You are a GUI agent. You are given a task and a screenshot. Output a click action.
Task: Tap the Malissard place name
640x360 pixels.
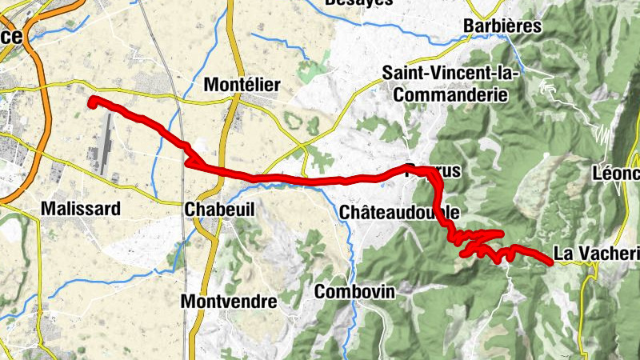(81, 209)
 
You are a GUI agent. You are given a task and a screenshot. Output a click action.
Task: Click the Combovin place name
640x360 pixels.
(355, 292)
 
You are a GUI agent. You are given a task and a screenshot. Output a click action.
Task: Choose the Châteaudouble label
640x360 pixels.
(399, 212)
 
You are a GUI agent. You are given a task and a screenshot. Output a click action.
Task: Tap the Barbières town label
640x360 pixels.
(502, 26)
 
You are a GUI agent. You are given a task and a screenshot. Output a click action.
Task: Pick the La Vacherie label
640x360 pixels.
(596, 254)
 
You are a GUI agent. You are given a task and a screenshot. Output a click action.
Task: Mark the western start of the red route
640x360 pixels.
(93, 101)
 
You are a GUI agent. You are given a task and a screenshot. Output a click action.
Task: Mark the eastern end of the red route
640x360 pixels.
(550, 261)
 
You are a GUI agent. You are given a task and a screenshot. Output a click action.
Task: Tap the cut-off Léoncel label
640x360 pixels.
(616, 173)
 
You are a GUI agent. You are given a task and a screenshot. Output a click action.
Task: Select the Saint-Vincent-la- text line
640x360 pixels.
(450, 72)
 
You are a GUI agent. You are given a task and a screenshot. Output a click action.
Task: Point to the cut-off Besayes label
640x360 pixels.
(359, 3)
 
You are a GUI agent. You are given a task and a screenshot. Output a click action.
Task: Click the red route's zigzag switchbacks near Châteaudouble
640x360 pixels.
(476, 241)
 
